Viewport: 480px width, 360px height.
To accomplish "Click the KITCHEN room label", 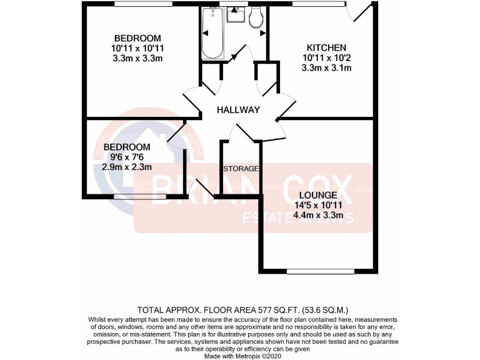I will pyautogui.click(x=326, y=47).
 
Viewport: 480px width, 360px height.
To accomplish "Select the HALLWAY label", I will pyautogui.click(x=238, y=110).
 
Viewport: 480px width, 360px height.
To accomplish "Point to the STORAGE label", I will pyautogui.click(x=241, y=169).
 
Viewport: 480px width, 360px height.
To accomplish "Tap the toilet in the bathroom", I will pyautogui.click(x=256, y=18).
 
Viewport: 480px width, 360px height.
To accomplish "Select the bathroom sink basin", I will pyautogui.click(x=236, y=13).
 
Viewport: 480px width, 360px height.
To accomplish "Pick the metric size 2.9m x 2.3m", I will pyautogui.click(x=127, y=167).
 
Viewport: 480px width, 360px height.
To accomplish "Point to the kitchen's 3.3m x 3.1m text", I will pyautogui.click(x=326, y=67).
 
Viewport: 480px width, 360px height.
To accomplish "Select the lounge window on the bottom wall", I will pyautogui.click(x=320, y=271).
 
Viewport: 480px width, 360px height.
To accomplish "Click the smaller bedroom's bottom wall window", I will pyautogui.click(x=140, y=197).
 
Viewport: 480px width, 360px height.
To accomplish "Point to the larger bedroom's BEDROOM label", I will pyautogui.click(x=137, y=38).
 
